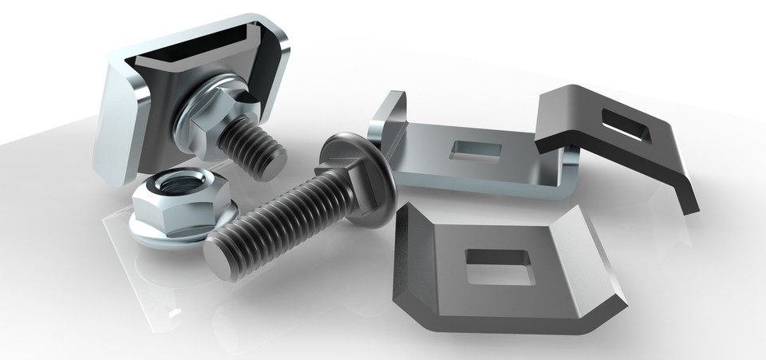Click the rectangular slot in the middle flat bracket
click(476, 149)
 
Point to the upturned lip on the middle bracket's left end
click(389, 119)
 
